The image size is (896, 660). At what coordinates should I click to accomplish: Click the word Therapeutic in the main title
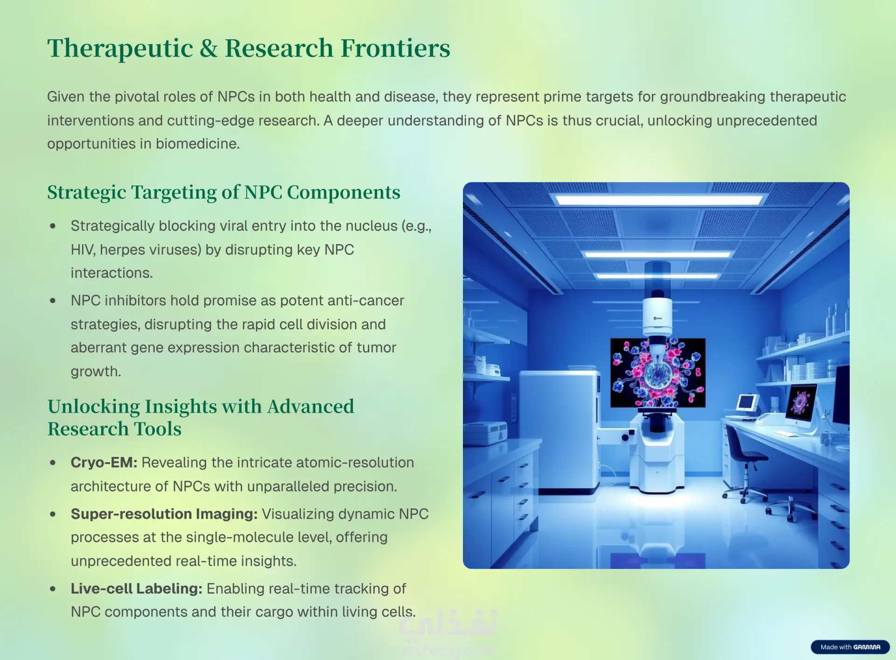(120, 49)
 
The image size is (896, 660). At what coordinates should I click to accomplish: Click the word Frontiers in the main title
(395, 48)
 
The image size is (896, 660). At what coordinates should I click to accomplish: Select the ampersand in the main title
(209, 49)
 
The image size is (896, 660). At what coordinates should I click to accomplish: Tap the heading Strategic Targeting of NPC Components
(224, 192)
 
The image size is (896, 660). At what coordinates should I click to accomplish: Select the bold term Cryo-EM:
(104, 463)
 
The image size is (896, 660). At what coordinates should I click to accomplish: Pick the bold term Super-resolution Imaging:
(164, 514)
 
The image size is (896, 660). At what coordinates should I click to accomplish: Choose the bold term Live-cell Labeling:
(137, 589)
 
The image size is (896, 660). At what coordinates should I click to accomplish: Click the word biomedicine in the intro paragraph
(197, 144)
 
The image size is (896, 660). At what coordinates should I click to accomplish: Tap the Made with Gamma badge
(850, 647)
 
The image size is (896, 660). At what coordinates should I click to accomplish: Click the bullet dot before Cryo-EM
(53, 463)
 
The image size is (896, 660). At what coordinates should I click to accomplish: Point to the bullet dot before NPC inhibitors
(53, 301)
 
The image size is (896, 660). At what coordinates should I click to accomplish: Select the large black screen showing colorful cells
(658, 372)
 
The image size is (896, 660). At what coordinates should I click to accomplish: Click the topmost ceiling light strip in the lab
(658, 200)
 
